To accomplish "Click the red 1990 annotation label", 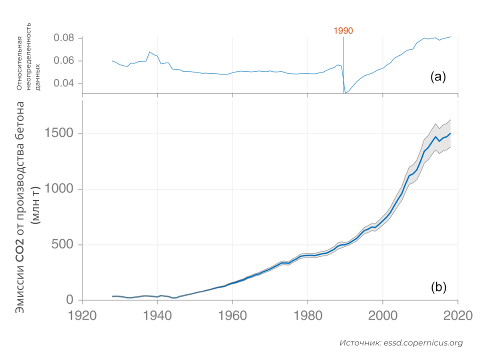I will tap(343, 30).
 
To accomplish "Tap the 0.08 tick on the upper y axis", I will tap(64, 38).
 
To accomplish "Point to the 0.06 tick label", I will tap(64, 61).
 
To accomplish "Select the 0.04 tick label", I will tap(64, 83).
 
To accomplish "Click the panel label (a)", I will tap(437, 76).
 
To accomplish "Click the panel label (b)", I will tap(438, 287).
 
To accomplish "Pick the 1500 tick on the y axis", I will tap(59, 133).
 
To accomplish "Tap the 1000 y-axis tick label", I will tap(59, 189).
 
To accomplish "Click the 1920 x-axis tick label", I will tap(82, 316).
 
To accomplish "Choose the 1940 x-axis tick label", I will tap(157, 316).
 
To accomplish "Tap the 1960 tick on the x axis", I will tap(232, 316).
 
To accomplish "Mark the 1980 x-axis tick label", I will tap(307, 316).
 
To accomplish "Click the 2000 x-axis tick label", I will tap(382, 316).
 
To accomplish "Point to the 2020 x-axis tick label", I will tap(457, 316).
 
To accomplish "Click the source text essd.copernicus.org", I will tap(423, 343).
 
